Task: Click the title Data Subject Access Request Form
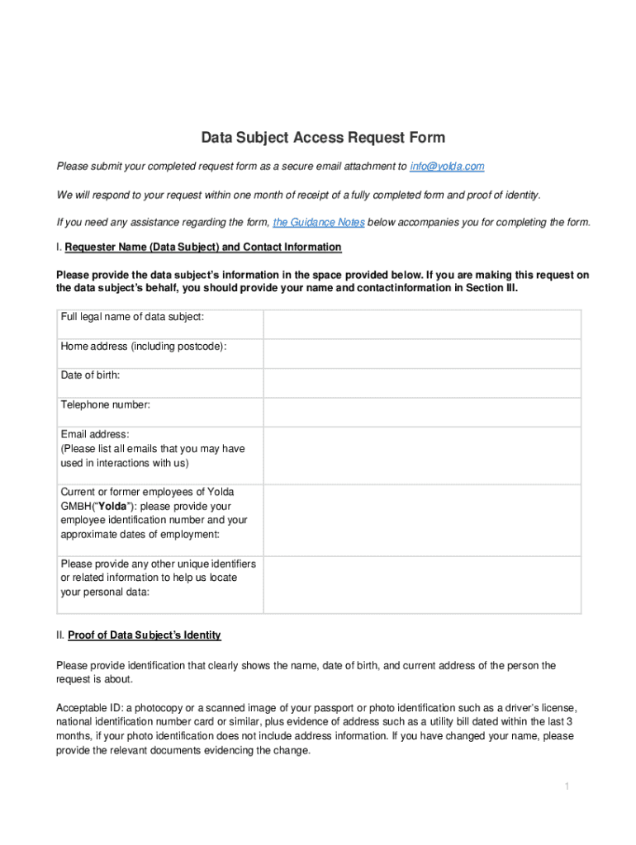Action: pyautogui.click(x=324, y=137)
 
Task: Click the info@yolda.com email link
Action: pyautogui.click(x=447, y=167)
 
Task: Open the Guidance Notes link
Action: pyautogui.click(x=319, y=223)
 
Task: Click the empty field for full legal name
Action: pyautogui.click(x=421, y=324)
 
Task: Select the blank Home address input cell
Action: pyautogui.click(x=421, y=353)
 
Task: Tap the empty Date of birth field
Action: pyautogui.click(x=421, y=382)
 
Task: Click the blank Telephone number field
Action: pyautogui.click(x=421, y=411)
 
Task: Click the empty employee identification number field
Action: pyautogui.click(x=421, y=518)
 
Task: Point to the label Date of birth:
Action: pyautogui.click(x=90, y=375)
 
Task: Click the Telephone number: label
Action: pyautogui.click(x=105, y=404)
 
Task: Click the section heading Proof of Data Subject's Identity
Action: pyautogui.click(x=145, y=635)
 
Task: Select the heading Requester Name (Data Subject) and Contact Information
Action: pyautogui.click(x=202, y=247)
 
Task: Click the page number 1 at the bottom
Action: pyautogui.click(x=567, y=786)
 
